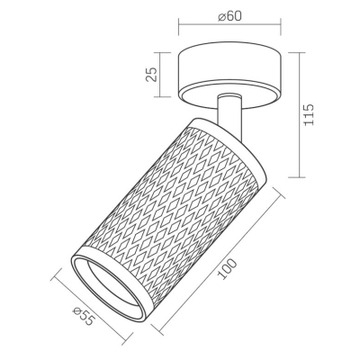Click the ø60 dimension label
click(x=229, y=16)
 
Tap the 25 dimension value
click(x=151, y=75)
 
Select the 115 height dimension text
click(x=309, y=114)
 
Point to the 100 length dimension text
click(x=227, y=269)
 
